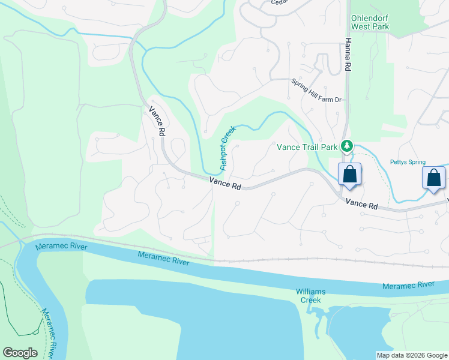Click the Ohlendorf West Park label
click(370, 23)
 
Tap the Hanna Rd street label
click(348, 55)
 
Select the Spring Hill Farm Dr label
click(316, 91)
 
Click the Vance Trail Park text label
click(306, 146)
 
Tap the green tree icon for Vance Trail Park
click(346, 146)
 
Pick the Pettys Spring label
click(408, 162)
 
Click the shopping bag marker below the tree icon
click(350, 175)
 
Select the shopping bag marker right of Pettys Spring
click(433, 178)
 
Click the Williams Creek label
click(310, 295)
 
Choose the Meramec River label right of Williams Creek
click(408, 285)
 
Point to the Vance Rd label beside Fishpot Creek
click(226, 184)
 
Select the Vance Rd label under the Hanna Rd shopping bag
click(363, 203)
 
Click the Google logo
click(20, 353)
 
